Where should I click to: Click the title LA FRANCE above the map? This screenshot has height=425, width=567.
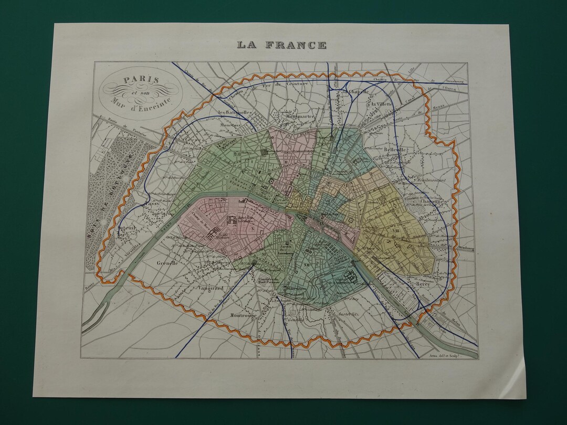(281, 45)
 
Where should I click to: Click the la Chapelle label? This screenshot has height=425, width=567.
(354, 91)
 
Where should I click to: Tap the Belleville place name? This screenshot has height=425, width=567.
(395, 149)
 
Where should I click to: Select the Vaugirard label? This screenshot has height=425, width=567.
(211, 288)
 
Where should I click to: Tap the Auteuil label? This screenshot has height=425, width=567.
(127, 228)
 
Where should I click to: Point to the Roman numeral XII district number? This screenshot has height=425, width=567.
(307, 264)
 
